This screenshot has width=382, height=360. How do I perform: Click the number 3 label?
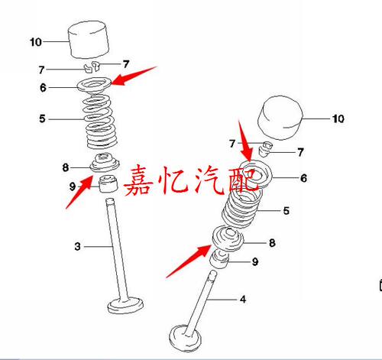(x=78, y=246)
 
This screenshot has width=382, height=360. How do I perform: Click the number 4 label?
(x=243, y=299)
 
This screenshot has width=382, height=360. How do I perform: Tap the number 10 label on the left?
(x=36, y=42)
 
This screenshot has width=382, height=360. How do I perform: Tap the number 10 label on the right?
(x=338, y=118)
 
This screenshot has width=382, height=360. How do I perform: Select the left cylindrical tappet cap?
(x=89, y=40)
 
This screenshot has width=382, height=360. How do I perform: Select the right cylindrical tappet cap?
(x=280, y=118)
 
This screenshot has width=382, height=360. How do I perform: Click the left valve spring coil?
(x=99, y=122)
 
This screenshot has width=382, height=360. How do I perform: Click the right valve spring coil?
(x=242, y=208)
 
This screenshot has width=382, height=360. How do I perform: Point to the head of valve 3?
(x=125, y=305)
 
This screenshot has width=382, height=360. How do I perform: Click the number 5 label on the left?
(x=42, y=118)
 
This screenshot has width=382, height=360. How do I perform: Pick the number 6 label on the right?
(x=303, y=178)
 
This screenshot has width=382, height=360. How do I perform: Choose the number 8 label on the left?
(x=66, y=167)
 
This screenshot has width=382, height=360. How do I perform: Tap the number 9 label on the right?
(x=255, y=261)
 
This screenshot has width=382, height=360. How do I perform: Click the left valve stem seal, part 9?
(x=108, y=183)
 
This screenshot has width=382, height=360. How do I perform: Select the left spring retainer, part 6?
(x=95, y=85)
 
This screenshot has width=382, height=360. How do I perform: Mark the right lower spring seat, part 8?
(x=228, y=238)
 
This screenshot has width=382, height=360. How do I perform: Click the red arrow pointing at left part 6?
(x=134, y=76)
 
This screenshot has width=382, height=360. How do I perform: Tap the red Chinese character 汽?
(x=209, y=180)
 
